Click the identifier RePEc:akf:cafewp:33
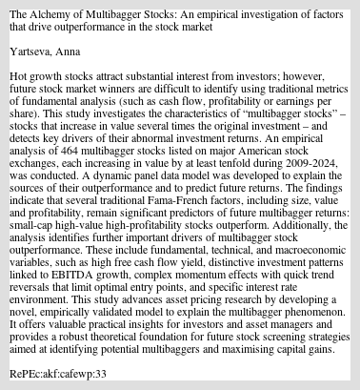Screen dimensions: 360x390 point(57,374)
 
